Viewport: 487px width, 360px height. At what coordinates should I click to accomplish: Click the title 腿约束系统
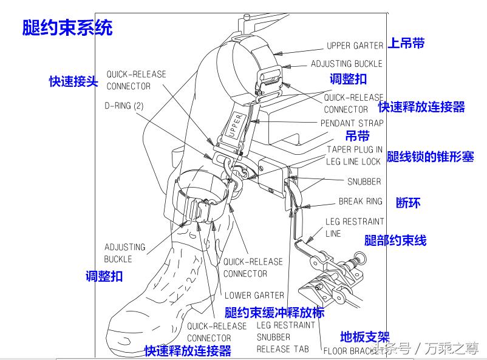pos(67,28)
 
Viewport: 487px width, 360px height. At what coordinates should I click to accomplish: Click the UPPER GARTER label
pos(355,46)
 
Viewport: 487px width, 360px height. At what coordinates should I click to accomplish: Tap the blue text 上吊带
pos(406,43)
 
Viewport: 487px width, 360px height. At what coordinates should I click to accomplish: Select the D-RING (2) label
pos(124,106)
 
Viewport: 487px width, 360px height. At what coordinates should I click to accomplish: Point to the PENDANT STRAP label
pos(352,123)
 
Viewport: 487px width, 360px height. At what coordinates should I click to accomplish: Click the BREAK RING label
pos(360,202)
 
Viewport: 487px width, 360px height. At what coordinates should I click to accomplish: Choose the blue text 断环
pos(408,203)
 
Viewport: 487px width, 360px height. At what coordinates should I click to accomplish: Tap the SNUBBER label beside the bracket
pos(364,182)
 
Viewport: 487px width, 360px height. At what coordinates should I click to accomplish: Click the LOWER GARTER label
pos(254,296)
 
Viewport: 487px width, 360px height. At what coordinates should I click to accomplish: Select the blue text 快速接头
pos(73,81)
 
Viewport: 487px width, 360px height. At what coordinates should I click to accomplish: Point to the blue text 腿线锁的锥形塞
pos(431,157)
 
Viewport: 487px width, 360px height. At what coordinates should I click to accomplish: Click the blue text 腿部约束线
pos(395,240)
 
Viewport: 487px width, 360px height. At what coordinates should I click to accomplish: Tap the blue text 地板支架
pos(364,336)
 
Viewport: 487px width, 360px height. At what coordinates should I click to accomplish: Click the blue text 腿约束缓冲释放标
pos(274,313)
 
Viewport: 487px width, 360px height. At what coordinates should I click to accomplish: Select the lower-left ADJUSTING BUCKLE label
pos(124,253)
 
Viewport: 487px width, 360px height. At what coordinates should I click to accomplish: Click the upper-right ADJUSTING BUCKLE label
pos(346,64)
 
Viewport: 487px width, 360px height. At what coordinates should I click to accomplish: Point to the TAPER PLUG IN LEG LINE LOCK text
pos(353,155)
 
